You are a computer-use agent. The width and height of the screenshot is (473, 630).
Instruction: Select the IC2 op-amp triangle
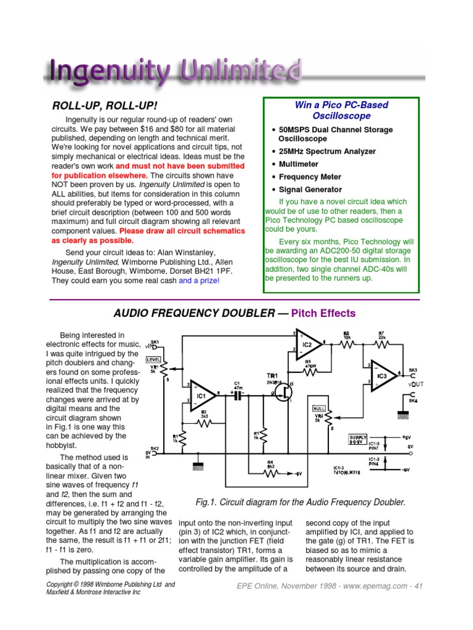click(x=305, y=346)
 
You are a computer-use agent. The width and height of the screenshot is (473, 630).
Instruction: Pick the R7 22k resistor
click(x=382, y=345)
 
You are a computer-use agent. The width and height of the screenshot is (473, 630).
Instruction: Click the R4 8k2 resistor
click(x=269, y=472)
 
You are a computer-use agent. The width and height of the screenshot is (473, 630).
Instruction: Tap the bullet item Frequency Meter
click(x=310, y=177)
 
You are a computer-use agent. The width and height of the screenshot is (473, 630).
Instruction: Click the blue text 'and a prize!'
click(x=199, y=281)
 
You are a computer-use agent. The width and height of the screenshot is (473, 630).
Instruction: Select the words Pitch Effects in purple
click(x=323, y=313)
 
